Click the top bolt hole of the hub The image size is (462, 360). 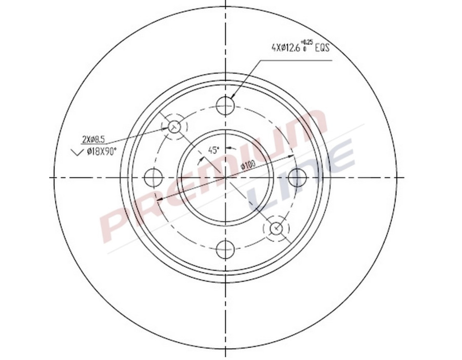pos(225,106)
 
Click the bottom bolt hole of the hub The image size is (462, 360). pos(225,250)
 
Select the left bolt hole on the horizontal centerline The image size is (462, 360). pos(153,177)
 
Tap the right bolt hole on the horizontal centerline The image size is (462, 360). pos(297,177)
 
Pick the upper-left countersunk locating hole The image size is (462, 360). pos(175,126)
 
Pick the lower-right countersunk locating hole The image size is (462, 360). pos(276,228)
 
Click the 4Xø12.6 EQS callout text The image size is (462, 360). pos(300,48)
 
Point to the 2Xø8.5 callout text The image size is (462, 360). pos(93,138)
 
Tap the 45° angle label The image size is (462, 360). pos(213,150)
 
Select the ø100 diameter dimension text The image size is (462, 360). pos(248,165)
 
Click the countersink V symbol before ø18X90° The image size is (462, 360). pos(76,151)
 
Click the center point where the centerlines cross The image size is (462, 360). pos(225,177)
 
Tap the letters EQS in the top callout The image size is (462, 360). pos(321,48)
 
